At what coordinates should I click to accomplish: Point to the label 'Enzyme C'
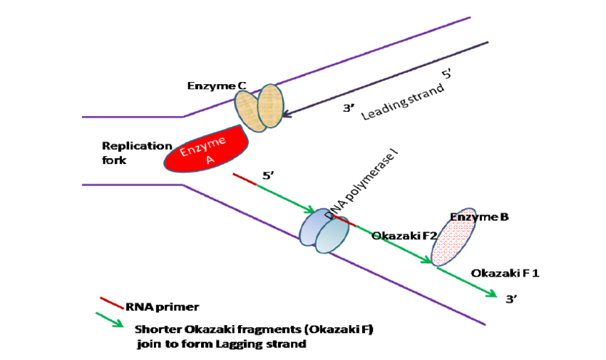pyautogui.click(x=217, y=86)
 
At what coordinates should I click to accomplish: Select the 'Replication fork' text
pyautogui.click(x=127, y=153)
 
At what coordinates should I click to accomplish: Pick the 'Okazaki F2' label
pyautogui.click(x=399, y=236)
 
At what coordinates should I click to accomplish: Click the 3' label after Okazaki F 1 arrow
pyautogui.click(x=511, y=300)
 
